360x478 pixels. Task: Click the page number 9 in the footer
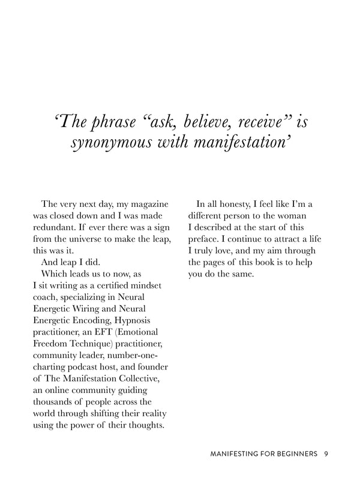[325, 454]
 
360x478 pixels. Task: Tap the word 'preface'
[203, 239]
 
